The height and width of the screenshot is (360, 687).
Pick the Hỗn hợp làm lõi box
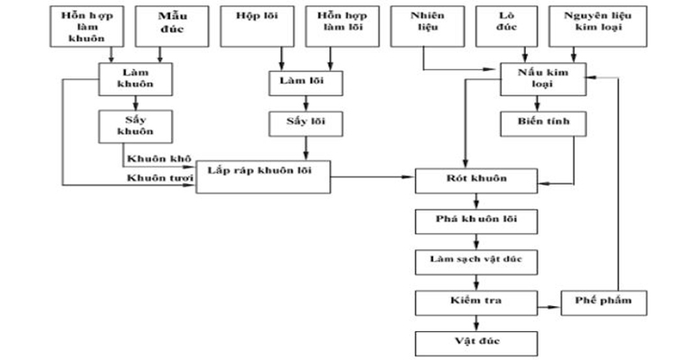(x=334, y=27)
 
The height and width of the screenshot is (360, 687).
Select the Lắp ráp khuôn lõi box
(x=263, y=172)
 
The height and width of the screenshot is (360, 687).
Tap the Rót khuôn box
(x=476, y=178)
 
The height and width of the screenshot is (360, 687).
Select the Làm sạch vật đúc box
(x=476, y=261)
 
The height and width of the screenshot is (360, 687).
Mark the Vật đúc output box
(x=476, y=342)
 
